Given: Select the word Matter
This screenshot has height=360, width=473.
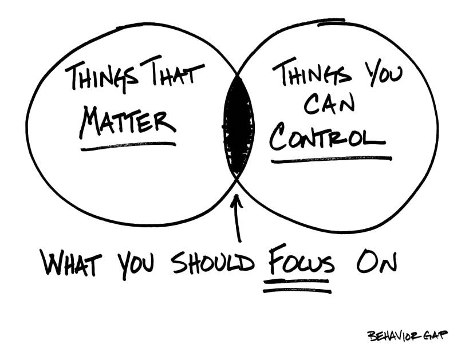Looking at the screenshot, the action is click(127, 121).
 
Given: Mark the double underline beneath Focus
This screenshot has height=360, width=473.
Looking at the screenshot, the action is click(297, 286).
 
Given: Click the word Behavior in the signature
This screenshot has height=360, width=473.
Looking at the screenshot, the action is click(389, 335).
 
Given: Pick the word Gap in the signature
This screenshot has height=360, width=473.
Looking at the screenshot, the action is click(433, 335).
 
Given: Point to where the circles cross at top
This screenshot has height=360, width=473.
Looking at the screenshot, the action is click(238, 74).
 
